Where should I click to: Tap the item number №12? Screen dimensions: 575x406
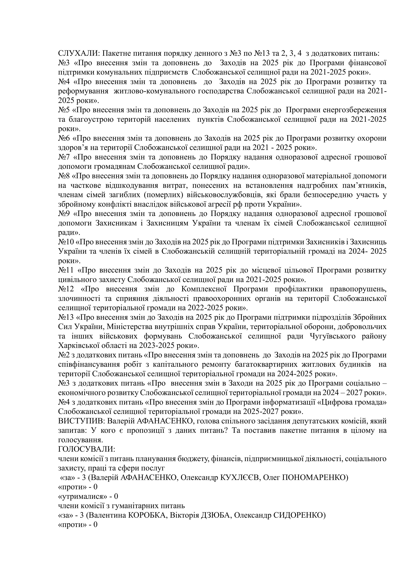pyautogui.click(x=66, y=289)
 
